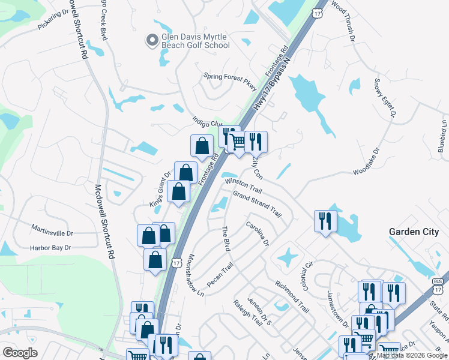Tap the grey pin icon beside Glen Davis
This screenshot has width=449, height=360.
coord(152,40)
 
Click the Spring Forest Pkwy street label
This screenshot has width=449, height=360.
coord(230,76)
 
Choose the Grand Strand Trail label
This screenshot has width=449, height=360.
coord(258,204)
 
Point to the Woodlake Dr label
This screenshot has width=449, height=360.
coord(366,162)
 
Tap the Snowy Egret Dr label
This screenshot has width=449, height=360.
coord(386,97)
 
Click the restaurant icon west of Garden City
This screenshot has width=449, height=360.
coord(325,221)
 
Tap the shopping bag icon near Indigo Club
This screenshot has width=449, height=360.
coord(202,145)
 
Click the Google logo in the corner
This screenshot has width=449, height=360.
coord(20,353)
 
